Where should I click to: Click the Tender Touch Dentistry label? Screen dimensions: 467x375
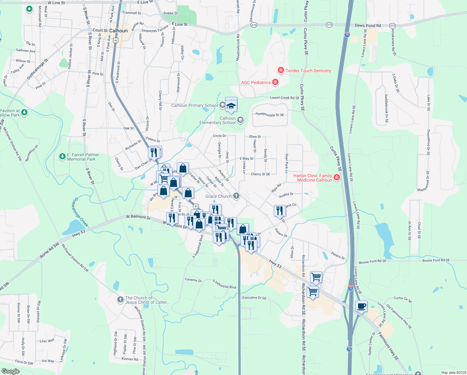308,71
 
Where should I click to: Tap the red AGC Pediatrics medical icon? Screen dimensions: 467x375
275,82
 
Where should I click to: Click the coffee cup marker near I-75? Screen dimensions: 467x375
361,306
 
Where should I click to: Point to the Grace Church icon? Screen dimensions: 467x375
236,196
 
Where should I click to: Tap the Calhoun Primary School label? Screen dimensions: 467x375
194,105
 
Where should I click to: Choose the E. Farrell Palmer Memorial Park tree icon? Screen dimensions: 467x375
62,157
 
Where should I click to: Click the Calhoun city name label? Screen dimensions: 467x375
118,31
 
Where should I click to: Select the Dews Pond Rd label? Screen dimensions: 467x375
368,25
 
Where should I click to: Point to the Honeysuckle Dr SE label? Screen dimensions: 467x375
270,115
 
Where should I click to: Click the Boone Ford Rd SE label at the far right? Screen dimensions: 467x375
436,260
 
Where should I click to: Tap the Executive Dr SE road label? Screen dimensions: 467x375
254,298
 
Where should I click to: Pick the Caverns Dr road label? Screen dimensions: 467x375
193,280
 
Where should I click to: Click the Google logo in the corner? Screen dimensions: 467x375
11,371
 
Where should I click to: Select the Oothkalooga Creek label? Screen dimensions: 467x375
81,212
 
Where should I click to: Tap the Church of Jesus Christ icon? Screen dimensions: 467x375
120,300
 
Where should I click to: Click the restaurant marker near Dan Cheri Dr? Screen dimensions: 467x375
154,152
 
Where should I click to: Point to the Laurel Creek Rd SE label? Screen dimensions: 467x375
284,98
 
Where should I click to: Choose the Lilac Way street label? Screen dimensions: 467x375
47,341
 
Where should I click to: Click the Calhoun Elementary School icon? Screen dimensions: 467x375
240,120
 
